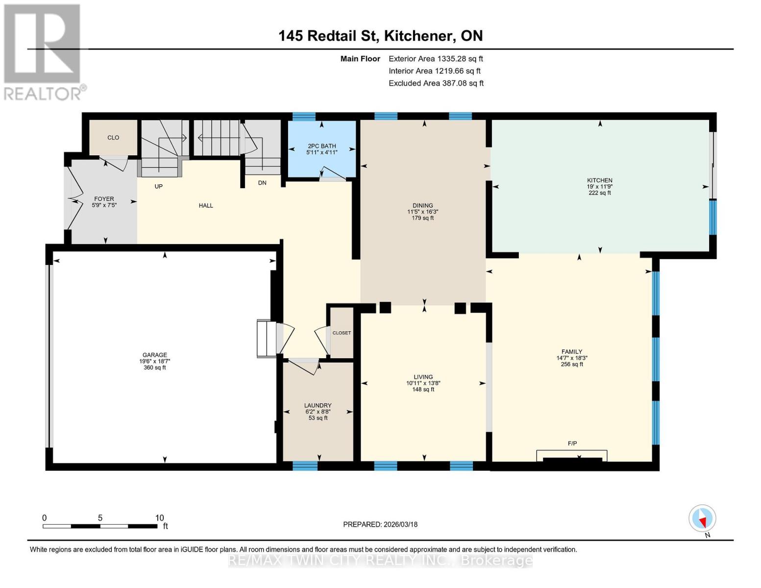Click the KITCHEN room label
tap(599, 180)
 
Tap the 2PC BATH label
tap(321, 146)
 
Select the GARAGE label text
tap(154, 355)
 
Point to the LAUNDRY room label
tap(318, 405)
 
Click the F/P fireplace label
tap(572, 443)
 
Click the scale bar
tap(100, 526)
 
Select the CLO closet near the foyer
tap(113, 138)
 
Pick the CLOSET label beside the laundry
tap(342, 333)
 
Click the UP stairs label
tap(158, 186)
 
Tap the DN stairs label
tap(262, 183)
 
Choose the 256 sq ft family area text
tap(572, 364)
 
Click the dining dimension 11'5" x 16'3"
tap(422, 212)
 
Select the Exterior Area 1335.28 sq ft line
tap(435, 58)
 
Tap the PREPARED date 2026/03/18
tap(380, 524)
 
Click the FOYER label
tap(104, 199)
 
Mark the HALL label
tap(206, 205)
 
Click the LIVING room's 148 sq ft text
tap(423, 390)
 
